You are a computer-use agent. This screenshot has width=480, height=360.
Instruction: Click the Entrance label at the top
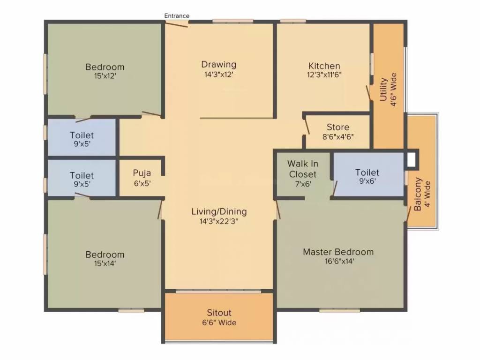pos(177,15)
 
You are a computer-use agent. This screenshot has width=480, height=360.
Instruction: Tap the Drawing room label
pos(218,64)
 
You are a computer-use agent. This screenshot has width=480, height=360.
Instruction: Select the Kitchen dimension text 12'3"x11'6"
pos(324,75)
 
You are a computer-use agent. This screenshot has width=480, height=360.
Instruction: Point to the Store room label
pos(338,127)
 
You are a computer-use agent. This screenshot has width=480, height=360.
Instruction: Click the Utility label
pos(383,90)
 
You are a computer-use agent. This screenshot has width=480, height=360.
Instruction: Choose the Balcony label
pos(418,194)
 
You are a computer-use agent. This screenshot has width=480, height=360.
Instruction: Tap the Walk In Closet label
pos(302,169)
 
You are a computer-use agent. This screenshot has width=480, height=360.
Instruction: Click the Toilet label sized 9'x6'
pos(367,172)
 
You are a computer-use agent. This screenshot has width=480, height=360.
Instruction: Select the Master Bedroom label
pos(338,252)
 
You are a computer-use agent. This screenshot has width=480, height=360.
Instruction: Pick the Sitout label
pos(219,313)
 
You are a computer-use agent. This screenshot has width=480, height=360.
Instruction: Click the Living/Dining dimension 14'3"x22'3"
pos(219,221)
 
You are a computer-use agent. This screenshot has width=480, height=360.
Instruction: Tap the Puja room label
pos(142,173)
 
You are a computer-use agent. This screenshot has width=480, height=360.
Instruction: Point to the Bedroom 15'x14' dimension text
pos(105,263)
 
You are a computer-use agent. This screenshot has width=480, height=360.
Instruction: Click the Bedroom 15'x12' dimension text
pos(105,75)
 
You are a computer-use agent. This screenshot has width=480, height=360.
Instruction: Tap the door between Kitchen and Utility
pos(368,93)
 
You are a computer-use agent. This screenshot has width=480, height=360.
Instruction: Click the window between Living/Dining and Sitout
pos(218,292)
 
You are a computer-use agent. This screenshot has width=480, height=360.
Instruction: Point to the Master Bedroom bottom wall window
pos(339,311)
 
